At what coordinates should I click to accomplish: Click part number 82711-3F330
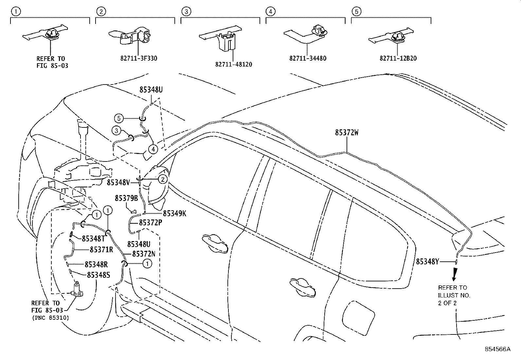click(139, 59)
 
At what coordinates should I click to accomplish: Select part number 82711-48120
click(234, 65)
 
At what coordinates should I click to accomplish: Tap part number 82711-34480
click(308, 59)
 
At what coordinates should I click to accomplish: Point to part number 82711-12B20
click(398, 59)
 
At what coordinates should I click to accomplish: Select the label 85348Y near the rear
click(427, 261)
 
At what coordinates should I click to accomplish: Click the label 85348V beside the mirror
click(118, 182)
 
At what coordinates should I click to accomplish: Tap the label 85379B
click(126, 199)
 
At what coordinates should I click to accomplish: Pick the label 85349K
click(174, 214)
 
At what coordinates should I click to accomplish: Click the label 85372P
click(151, 222)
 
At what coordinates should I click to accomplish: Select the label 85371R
click(101, 250)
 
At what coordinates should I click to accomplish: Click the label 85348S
click(98, 275)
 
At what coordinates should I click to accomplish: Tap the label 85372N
click(143, 254)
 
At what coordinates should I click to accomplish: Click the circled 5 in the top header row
click(356, 11)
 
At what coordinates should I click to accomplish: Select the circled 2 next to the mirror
click(163, 179)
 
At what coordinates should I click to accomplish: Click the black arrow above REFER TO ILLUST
click(454, 274)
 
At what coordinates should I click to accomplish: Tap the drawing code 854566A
click(497, 349)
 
